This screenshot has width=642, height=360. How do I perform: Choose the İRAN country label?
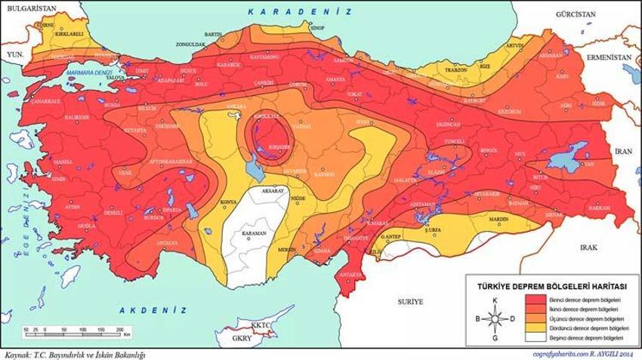[x=623, y=151]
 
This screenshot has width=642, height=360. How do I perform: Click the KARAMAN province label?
[x=255, y=234]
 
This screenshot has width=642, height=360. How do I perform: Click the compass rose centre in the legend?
[x=494, y=319]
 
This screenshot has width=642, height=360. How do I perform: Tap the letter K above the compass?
[x=494, y=302]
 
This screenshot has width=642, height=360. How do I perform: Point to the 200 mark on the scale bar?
[x=119, y=331]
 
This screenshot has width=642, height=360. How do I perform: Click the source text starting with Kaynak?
[x=74, y=353]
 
